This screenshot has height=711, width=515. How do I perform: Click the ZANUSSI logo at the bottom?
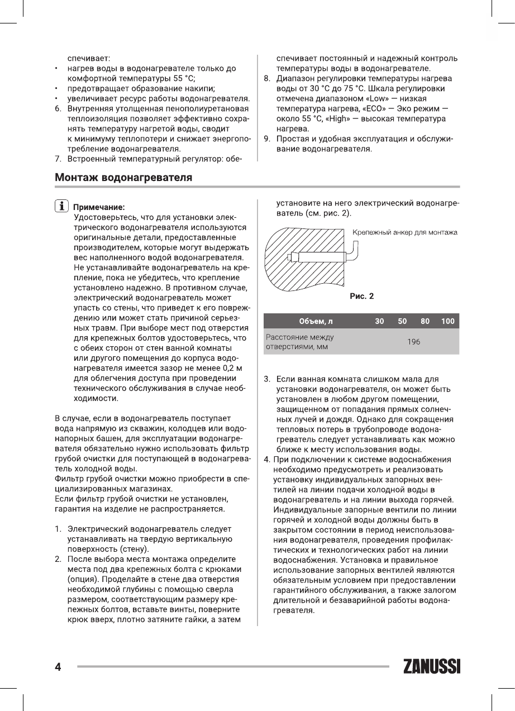(x=432, y=666)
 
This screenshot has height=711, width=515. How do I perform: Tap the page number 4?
(x=58, y=666)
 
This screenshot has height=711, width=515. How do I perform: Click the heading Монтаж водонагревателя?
(x=123, y=178)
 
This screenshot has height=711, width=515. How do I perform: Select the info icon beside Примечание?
(x=61, y=205)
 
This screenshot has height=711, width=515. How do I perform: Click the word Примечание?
(x=99, y=206)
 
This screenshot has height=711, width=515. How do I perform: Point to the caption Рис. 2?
(x=361, y=296)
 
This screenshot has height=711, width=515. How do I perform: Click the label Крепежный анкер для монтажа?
(x=405, y=232)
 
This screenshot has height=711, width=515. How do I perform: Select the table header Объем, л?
(x=316, y=321)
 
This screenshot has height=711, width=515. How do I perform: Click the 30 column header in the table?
(x=379, y=321)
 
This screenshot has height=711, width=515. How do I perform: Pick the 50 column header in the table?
(x=402, y=321)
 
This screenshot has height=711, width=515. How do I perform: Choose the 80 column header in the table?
(x=425, y=321)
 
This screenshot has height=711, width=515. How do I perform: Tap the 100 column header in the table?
(x=447, y=321)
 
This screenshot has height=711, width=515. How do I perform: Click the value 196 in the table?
(x=413, y=342)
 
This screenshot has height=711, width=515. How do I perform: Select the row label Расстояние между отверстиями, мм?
(x=299, y=342)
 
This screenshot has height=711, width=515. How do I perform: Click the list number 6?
(x=58, y=109)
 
